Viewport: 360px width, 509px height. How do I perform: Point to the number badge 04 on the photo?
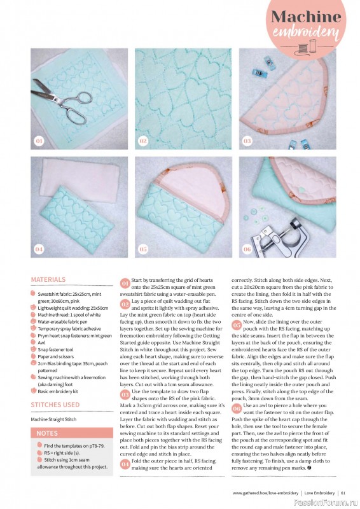point(39,249)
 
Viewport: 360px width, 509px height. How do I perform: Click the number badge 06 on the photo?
point(247,249)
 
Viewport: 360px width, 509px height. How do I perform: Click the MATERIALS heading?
point(48,279)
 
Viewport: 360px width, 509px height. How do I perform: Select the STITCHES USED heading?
point(55,404)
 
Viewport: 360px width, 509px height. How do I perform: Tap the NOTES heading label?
point(46,433)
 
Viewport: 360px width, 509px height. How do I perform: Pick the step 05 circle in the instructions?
point(237,324)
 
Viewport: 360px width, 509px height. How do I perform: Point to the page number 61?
point(343,492)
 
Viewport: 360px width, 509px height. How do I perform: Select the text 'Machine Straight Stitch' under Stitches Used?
point(54,419)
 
